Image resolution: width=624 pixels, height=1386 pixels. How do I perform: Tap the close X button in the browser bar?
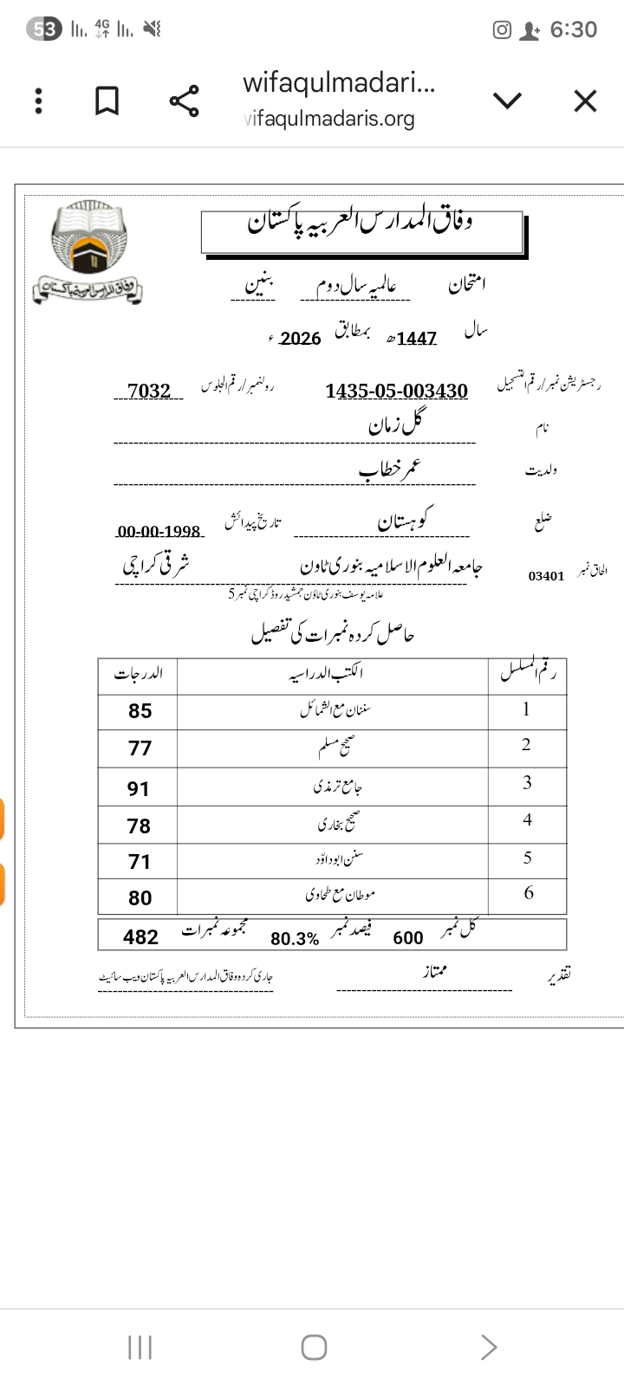[585, 101]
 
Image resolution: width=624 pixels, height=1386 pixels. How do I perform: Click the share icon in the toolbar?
[184, 101]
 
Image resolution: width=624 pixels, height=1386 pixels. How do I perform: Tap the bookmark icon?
[107, 101]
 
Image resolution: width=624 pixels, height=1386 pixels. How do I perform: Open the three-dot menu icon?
[38, 101]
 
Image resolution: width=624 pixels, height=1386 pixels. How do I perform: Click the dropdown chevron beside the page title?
[507, 101]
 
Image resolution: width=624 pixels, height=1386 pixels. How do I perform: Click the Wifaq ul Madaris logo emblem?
[88, 252]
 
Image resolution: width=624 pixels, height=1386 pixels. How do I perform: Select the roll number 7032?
[149, 391]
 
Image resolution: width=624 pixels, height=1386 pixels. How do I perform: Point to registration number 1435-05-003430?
[397, 391]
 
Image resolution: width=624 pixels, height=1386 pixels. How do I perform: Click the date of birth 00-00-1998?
[159, 531]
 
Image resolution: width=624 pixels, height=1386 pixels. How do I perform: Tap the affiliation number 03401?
[546, 575]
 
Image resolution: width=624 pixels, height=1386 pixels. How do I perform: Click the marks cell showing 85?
[140, 711]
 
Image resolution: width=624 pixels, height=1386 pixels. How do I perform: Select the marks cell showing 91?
[139, 788]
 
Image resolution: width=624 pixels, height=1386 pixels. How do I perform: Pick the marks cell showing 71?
[140, 862]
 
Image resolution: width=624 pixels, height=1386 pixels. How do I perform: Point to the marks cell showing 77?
[140, 748]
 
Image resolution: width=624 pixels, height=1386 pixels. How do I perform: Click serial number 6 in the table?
[529, 893]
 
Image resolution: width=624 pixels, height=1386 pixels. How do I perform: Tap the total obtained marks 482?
[140, 937]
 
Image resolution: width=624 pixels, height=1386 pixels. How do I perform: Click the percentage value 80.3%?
[295, 939]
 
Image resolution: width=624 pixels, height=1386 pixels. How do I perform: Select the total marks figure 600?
[408, 938]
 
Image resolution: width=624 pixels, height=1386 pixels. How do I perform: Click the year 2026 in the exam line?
[301, 339]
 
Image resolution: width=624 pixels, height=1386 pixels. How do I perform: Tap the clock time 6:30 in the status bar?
[573, 29]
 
